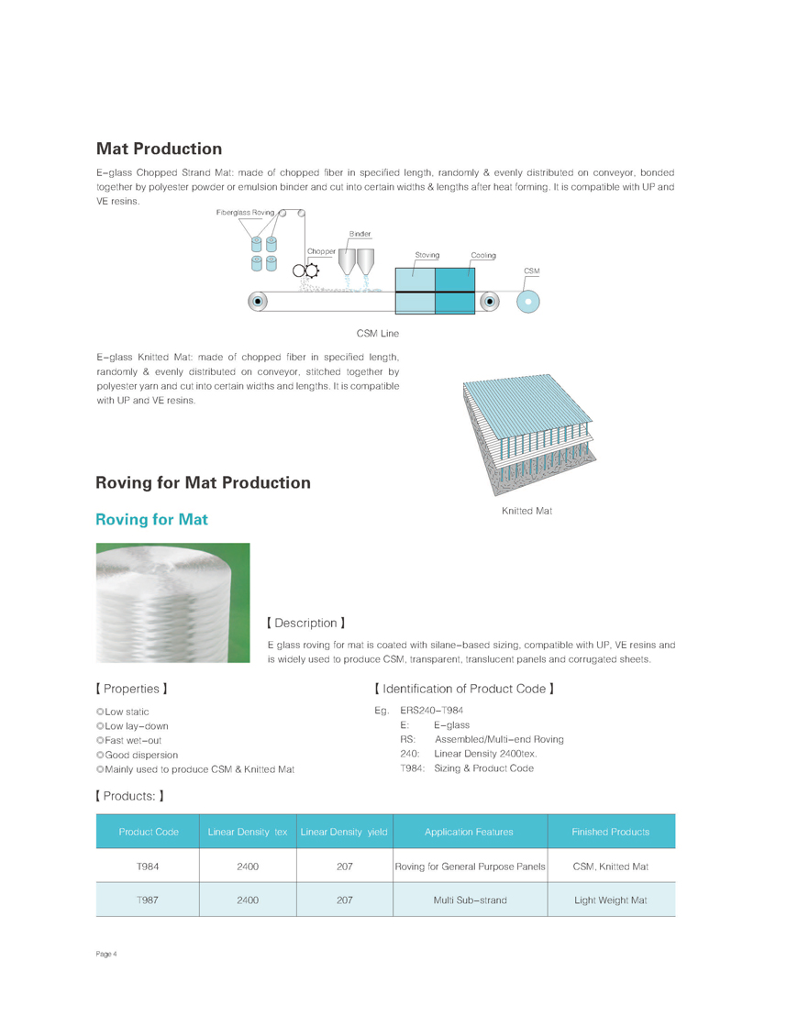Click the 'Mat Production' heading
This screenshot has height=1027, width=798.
pyautogui.click(x=159, y=149)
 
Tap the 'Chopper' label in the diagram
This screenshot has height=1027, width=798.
pyautogui.click(x=321, y=250)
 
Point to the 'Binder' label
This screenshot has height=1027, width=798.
pyautogui.click(x=360, y=235)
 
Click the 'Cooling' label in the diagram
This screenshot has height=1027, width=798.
pyautogui.click(x=483, y=255)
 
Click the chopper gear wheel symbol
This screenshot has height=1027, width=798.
pyautogui.click(x=313, y=270)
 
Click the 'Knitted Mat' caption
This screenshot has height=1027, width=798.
pyautogui.click(x=526, y=511)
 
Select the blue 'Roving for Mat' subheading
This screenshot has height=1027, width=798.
pyautogui.click(x=151, y=520)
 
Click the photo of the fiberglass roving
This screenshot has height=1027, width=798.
pyautogui.click(x=172, y=602)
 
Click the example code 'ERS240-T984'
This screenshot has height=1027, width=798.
pyautogui.click(x=438, y=711)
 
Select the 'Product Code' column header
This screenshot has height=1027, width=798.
pyautogui.click(x=148, y=832)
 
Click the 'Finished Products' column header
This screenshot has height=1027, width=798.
pyautogui.click(x=610, y=832)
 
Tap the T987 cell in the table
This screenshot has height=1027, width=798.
pyautogui.click(x=148, y=900)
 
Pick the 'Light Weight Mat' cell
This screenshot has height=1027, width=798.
pyautogui.click(x=610, y=900)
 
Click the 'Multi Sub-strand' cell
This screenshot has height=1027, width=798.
pyautogui.click(x=470, y=900)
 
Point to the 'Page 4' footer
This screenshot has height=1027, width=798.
pyautogui.click(x=106, y=955)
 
